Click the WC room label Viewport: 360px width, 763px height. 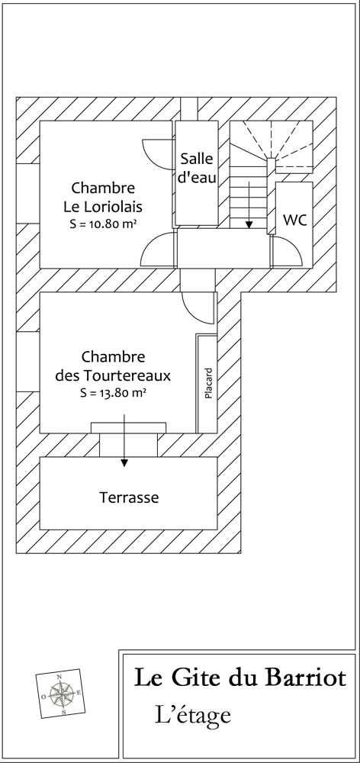point(295,220)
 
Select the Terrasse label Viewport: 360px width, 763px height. point(129,497)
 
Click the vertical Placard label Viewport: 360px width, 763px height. point(209,384)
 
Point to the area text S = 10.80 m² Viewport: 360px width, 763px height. point(103,224)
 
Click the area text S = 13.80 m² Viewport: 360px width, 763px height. point(114,393)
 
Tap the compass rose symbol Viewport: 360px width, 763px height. point(59,693)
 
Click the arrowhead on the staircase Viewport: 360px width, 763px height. point(249,224)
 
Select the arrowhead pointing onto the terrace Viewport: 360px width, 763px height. point(124,463)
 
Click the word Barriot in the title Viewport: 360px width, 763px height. point(306,678)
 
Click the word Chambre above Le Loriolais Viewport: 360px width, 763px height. point(103,188)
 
